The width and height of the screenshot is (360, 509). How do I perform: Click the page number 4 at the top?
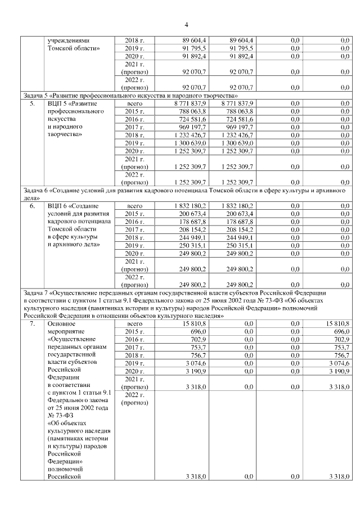coord(186,24)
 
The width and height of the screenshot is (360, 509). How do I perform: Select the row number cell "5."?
coord(33,103)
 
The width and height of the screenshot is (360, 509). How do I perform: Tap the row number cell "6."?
coord(33,206)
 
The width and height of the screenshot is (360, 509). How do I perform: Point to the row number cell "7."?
coord(33,324)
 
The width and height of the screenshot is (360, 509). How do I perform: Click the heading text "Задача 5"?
coord(36,95)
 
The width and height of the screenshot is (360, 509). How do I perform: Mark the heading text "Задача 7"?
coord(36,292)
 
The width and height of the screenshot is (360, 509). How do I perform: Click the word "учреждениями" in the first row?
coord(71,40)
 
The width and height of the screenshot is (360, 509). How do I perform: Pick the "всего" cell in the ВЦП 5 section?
coord(134,103)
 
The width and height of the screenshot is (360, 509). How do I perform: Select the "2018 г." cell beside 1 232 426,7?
coord(134,136)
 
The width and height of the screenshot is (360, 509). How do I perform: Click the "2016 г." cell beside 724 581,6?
coord(134,119)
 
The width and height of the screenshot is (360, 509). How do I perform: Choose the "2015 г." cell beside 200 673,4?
coord(134,214)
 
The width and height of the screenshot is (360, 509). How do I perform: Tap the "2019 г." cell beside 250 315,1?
coord(134,246)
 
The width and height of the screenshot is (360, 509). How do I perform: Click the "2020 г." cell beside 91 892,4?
coord(134,56)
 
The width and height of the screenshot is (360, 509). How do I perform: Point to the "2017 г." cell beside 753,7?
coord(134,348)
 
